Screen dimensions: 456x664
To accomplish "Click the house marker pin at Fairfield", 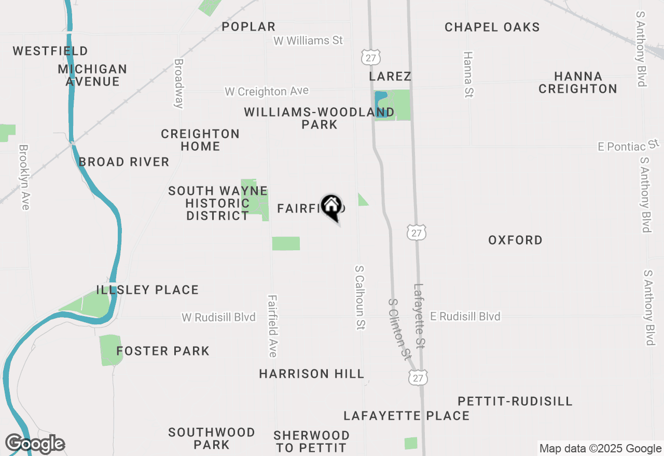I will click(331, 206).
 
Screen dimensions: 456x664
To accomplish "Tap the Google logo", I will click(35, 444).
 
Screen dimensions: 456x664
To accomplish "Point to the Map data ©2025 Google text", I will click(600, 449).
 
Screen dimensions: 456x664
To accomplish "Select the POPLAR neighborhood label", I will click(248, 26).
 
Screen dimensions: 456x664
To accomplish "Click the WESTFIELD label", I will click(50, 51).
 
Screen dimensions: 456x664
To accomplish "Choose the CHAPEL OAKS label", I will click(492, 27).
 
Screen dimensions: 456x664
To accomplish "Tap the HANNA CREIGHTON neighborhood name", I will click(577, 82).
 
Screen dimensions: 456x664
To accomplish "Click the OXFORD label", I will click(515, 240).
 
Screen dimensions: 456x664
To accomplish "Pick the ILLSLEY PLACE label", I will click(147, 290).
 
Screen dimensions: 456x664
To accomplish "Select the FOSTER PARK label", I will click(163, 351).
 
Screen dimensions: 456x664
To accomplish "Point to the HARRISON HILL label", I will click(311, 374).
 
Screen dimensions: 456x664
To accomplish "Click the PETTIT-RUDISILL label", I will click(515, 401).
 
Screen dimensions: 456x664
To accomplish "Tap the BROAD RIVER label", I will click(124, 162).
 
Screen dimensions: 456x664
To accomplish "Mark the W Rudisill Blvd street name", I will click(218, 317).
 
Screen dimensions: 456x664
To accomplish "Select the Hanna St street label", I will click(468, 74).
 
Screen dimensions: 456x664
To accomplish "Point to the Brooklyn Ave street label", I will click(24, 177).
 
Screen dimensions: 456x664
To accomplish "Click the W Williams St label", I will click(308, 40).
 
